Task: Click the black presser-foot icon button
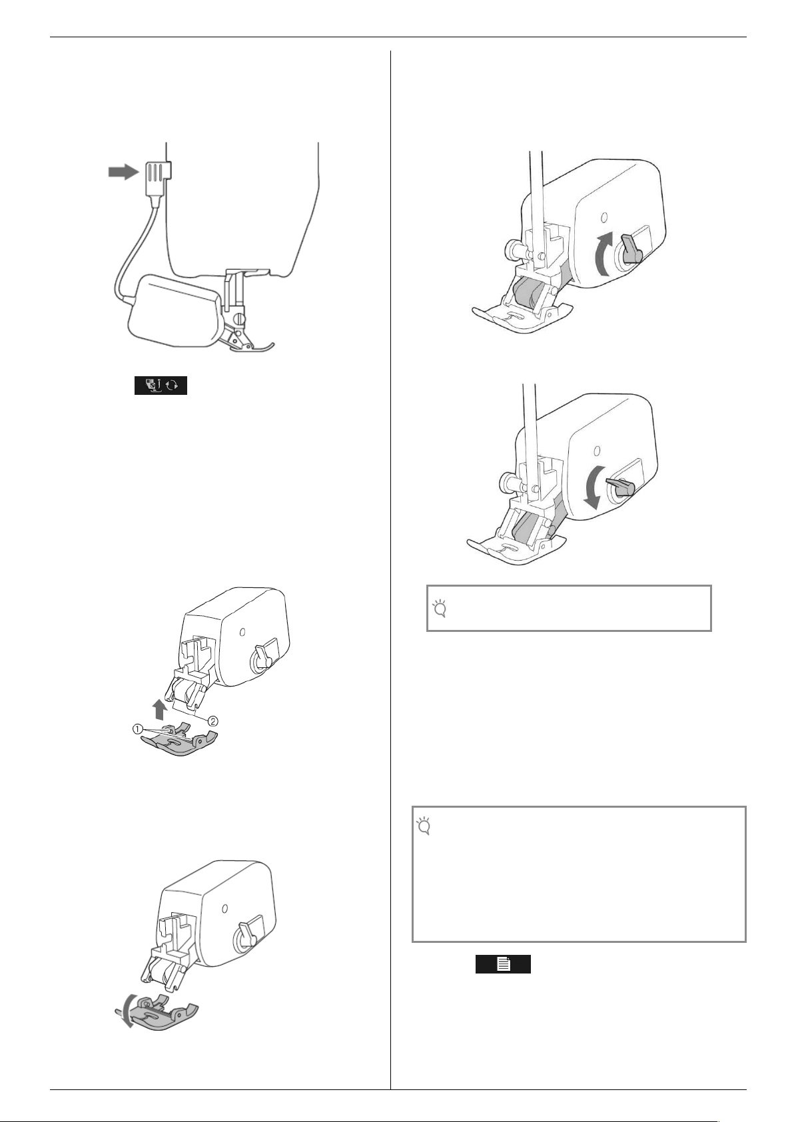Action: coord(161,386)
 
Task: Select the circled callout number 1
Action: coord(137,729)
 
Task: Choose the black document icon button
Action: coord(503,964)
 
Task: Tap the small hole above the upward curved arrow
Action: coord(602,216)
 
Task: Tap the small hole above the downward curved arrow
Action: coord(596,450)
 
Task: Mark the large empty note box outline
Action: coord(578,874)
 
